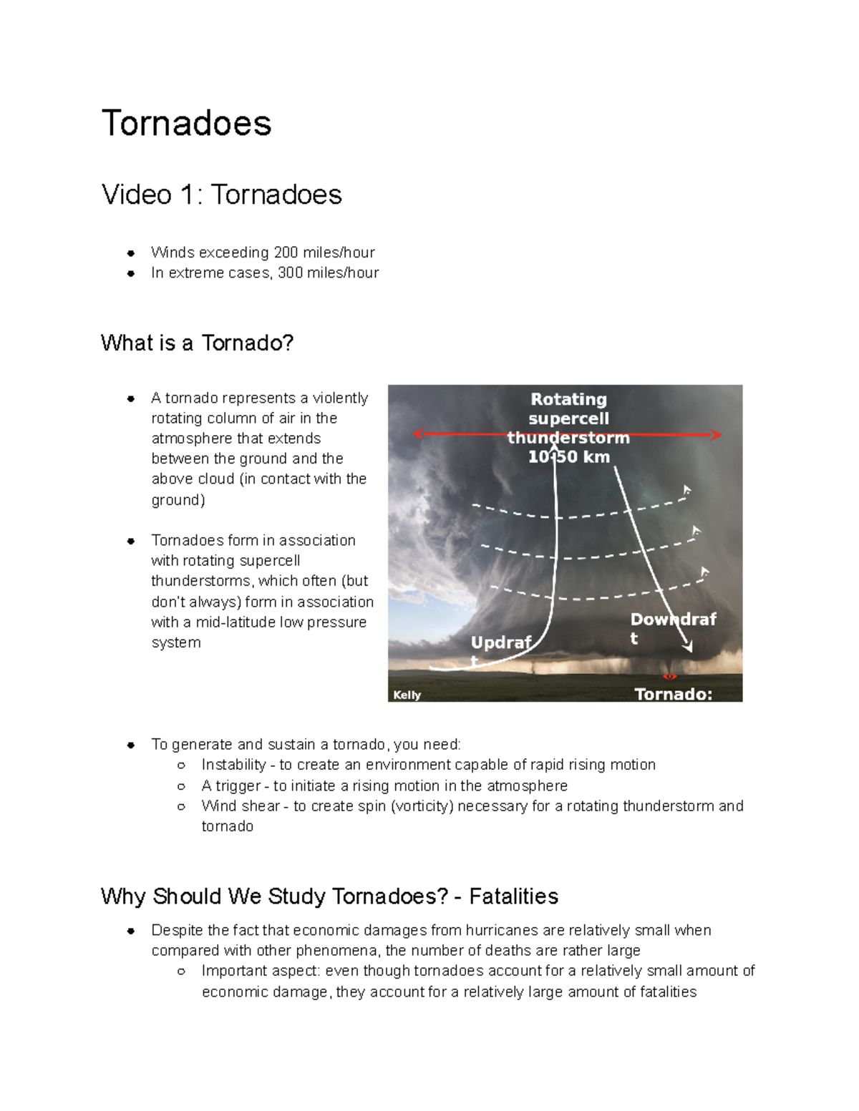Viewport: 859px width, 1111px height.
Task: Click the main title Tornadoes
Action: tap(186, 123)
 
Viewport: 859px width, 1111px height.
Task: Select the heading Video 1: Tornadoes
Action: tap(221, 195)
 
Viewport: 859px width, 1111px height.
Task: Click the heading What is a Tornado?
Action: tap(197, 343)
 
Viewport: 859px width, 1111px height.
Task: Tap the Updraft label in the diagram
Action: tap(500, 643)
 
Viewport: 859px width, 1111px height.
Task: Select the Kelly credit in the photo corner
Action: tap(407, 695)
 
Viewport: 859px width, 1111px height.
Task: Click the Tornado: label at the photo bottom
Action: tap(673, 693)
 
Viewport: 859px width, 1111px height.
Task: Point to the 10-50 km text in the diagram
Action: tap(568, 456)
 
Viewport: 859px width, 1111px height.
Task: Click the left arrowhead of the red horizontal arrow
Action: tap(418, 434)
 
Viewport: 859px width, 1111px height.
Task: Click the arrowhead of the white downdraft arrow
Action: tap(689, 647)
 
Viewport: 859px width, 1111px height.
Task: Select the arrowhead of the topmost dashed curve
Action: tap(686, 490)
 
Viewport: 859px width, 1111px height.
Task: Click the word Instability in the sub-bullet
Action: tap(233, 765)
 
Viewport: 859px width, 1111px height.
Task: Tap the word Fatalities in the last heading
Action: tap(513, 896)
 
